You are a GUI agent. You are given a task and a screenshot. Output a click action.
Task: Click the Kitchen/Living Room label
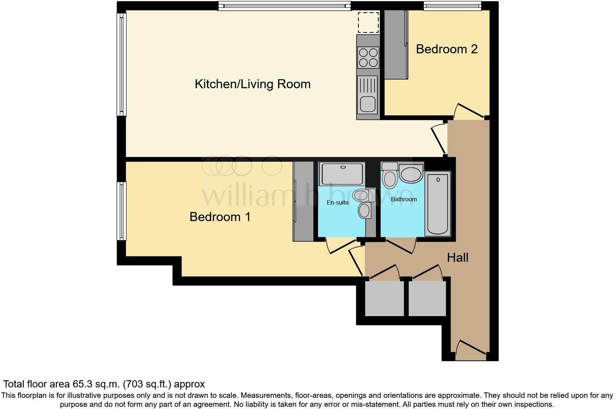coord(252,84)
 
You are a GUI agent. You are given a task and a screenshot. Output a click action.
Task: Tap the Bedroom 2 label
coord(447,49)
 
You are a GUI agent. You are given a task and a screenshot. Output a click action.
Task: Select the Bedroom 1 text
coord(220,217)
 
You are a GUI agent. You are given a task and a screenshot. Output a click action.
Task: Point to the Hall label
coord(457,257)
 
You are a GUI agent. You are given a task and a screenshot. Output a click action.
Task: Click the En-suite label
coord(338,202)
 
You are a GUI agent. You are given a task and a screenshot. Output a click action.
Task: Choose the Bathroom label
coord(404,199)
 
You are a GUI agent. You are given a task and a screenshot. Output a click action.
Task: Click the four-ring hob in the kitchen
coord(368,58)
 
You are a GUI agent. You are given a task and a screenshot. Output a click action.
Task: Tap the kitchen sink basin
coord(368,104)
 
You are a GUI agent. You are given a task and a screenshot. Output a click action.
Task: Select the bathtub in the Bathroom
coord(438,204)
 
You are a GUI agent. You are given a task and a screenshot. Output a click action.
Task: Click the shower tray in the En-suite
coord(342,174)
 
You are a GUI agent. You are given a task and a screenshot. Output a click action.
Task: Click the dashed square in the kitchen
coord(368,22)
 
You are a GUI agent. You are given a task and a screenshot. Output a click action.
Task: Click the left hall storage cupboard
coord(384,298)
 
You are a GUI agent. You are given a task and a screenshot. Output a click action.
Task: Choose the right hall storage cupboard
coord(427,298)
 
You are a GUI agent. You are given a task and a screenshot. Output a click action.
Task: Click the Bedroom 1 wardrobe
coord(303,201)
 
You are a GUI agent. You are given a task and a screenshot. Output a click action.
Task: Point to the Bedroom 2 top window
coord(452,6)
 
